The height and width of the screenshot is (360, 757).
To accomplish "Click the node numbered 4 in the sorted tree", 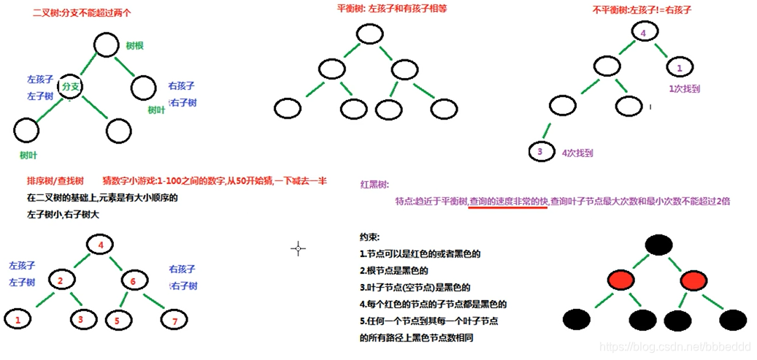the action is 101,245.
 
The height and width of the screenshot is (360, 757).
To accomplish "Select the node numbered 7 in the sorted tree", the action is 173,319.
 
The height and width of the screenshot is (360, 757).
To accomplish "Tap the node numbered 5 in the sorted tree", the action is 118,319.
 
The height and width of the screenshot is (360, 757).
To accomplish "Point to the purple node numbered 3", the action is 539,152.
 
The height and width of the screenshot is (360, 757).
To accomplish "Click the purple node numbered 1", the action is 680,68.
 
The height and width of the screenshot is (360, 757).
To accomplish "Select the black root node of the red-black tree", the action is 658,244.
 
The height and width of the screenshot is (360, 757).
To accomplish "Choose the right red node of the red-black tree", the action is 695,280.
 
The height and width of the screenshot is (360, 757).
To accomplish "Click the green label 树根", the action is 134,45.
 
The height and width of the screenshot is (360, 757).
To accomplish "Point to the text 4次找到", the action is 577,153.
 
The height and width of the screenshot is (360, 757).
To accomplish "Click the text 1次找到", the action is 684,88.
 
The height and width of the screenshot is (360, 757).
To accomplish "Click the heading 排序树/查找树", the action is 55,180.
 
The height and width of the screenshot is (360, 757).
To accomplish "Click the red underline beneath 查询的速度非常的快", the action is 507,207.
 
